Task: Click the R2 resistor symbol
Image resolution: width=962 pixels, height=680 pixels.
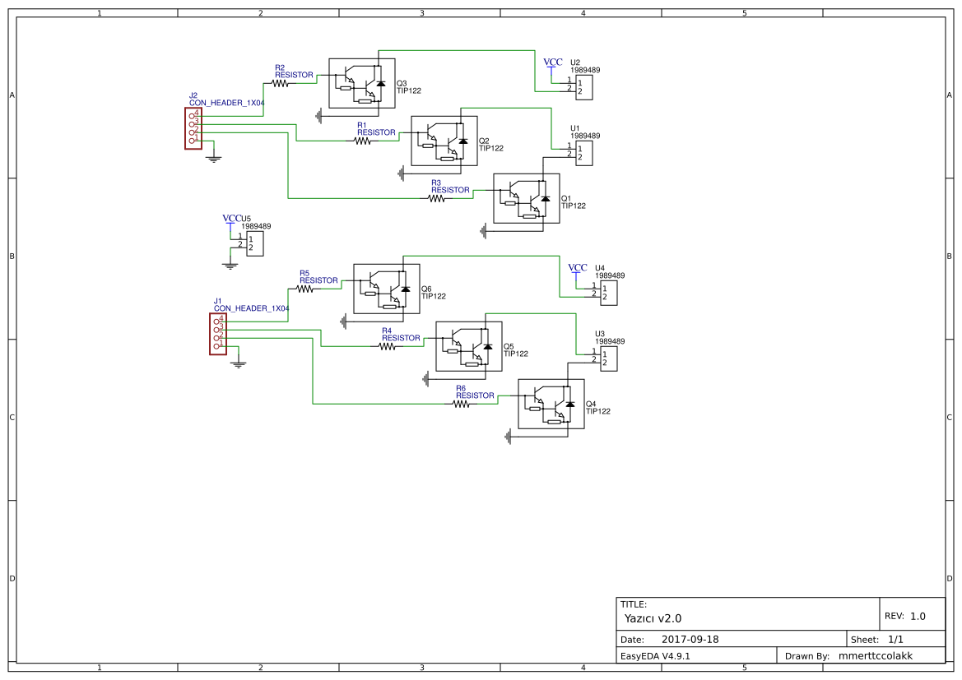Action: pos(281,83)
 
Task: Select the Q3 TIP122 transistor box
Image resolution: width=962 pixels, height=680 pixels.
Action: pos(361,83)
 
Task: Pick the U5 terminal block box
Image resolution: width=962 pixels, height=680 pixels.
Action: pos(255,243)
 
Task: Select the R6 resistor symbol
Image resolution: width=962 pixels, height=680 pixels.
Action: pos(462,404)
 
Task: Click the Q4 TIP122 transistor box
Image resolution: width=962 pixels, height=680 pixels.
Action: pos(551,404)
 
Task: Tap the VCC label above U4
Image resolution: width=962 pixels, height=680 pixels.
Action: pos(578,268)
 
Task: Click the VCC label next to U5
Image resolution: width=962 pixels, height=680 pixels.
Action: pos(231,219)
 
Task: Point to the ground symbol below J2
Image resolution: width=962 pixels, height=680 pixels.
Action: pos(214,157)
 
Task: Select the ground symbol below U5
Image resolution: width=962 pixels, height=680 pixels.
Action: pos(230,265)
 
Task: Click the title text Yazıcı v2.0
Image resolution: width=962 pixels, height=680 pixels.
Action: pos(653,618)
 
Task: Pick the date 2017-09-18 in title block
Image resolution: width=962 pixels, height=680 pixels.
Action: pos(690,639)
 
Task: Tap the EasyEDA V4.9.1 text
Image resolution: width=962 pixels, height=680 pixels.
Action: pos(655,656)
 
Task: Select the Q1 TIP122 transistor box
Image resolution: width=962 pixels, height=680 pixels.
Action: pos(526,198)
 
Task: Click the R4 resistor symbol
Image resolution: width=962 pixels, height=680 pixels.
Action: pos(388,346)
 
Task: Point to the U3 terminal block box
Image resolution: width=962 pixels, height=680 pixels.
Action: pos(608,359)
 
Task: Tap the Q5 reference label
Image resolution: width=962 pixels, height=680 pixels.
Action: pos(509,346)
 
